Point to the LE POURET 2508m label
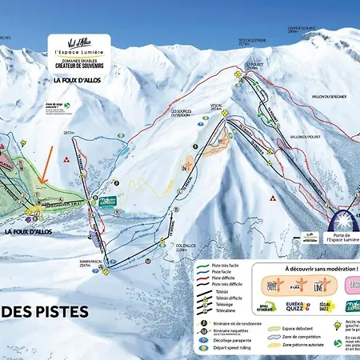click(x=254, y=66)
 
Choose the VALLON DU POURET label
click(x=298, y=137)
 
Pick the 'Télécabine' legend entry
click(x=221, y=310)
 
